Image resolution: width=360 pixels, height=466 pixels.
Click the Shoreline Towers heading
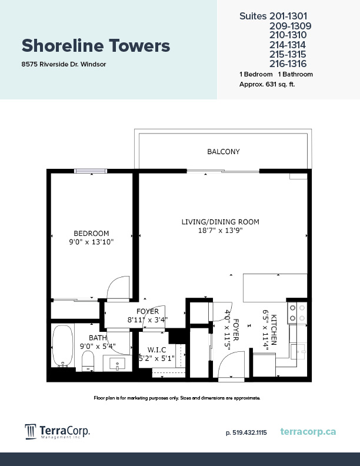(96, 45)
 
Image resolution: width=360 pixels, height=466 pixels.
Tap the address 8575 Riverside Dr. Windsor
(64, 65)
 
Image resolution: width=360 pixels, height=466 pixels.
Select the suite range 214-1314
(288, 45)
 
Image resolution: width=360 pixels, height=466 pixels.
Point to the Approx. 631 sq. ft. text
(267, 84)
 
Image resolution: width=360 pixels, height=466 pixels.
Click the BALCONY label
(224, 152)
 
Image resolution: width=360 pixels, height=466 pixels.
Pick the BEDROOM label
(91, 234)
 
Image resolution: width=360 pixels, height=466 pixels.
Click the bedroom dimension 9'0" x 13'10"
(91, 242)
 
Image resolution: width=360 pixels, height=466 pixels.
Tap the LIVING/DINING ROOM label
(221, 222)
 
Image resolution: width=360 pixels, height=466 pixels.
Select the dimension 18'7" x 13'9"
(221, 231)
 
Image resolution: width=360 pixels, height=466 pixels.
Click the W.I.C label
(156, 349)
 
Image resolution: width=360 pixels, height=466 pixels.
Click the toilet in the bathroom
(88, 361)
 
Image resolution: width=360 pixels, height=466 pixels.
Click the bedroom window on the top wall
(91, 171)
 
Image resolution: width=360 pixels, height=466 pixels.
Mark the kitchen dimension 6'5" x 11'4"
(269, 333)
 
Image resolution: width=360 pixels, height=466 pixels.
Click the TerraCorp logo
(57, 432)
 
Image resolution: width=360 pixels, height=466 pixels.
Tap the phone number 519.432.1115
(246, 432)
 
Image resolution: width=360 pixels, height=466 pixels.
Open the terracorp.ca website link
(309, 432)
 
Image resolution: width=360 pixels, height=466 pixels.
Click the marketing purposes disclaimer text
(177, 398)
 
